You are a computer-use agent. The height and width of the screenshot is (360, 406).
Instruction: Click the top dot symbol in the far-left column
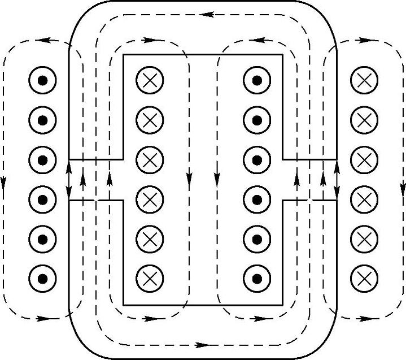pos(42,81)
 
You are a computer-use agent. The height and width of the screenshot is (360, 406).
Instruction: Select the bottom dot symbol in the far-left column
pos(42,277)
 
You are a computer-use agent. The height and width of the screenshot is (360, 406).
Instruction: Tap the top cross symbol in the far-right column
pos(364,81)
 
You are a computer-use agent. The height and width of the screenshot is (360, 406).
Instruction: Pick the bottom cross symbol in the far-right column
pos(364,277)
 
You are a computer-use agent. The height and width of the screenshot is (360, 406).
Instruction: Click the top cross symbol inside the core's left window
pos(150,81)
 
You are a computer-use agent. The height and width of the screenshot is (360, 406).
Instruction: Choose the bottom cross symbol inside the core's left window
pos(150,277)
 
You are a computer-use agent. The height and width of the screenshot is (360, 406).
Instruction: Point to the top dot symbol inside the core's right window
pos(257,81)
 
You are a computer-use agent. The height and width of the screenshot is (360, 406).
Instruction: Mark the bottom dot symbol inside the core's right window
pos(257,277)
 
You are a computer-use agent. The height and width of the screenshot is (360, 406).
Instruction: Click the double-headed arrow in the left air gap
pos(69,180)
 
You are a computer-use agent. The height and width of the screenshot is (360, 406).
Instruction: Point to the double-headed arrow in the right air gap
pos(337,180)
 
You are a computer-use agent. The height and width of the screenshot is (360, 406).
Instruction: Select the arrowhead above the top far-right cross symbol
pos(361,41)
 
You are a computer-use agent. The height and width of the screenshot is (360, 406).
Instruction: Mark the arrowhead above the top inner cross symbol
pos(150,41)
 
